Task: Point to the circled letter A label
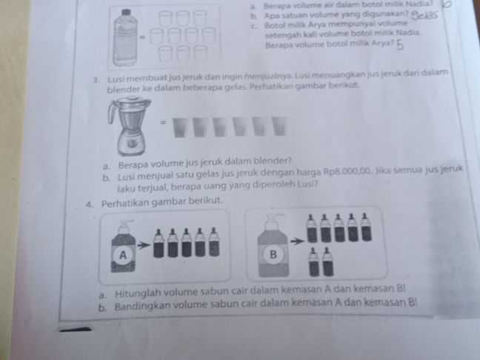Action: (124, 254)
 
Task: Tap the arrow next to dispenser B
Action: (296, 241)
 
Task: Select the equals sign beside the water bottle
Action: (141, 36)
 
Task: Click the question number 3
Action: (97, 76)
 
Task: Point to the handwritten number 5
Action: (401, 47)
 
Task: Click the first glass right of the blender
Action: (179, 127)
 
